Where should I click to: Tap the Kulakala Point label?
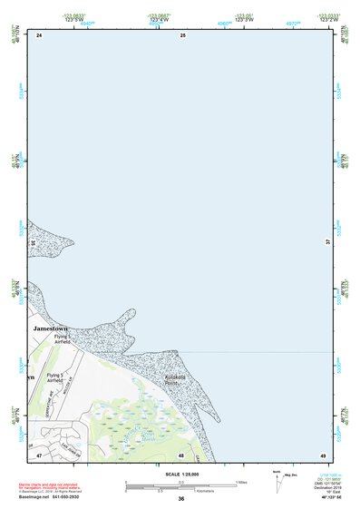(x=175, y=379)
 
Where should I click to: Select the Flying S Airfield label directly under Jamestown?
(x=62, y=338)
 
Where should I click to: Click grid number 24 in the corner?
(x=39, y=35)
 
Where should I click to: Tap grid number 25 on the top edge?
(x=182, y=34)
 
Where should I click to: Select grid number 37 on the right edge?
(x=327, y=242)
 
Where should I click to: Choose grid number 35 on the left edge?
(x=33, y=243)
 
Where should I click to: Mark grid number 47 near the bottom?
(x=39, y=455)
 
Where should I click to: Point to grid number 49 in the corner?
(x=322, y=455)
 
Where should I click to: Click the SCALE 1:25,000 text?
(x=181, y=475)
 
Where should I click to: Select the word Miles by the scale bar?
(x=242, y=482)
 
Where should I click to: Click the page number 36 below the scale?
(x=181, y=499)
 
